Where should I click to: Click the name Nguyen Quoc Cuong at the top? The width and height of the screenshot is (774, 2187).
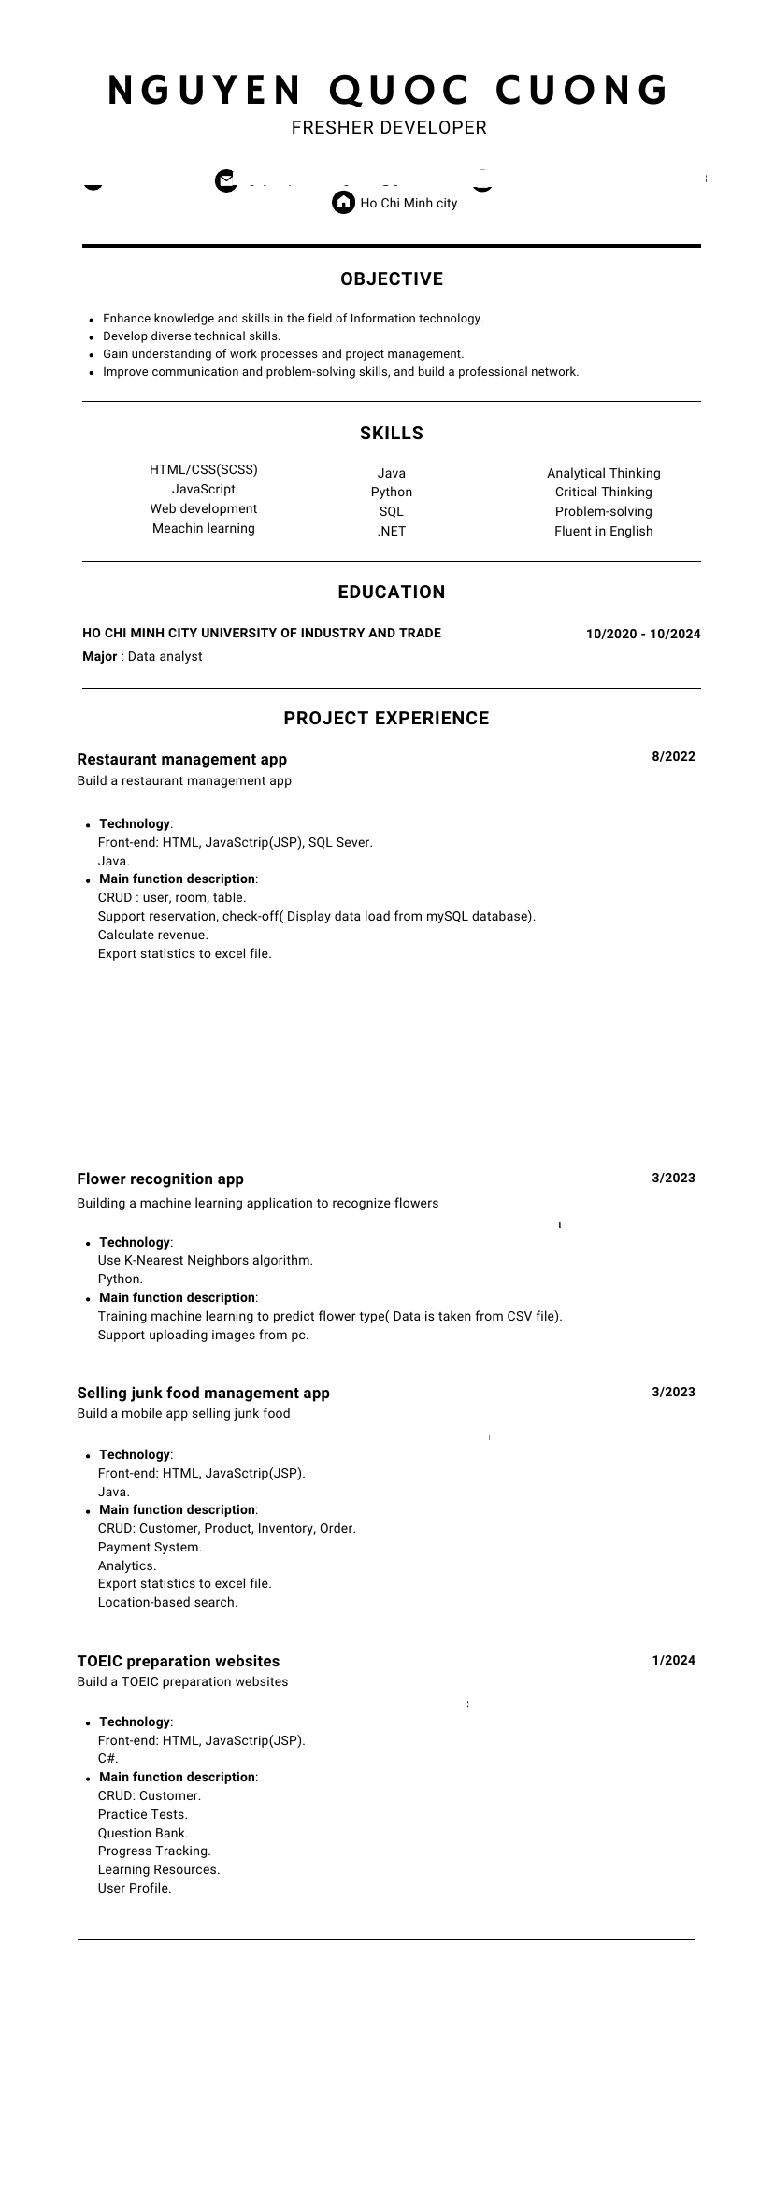point(388,91)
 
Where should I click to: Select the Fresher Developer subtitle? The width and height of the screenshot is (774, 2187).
point(389,127)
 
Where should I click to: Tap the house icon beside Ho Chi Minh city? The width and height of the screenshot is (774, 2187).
point(343,202)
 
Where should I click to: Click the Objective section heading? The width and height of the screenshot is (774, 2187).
point(392,279)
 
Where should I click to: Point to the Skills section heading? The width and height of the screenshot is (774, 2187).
point(392,433)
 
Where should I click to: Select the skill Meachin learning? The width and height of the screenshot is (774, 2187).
point(204,529)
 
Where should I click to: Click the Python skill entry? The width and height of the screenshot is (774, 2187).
point(392,493)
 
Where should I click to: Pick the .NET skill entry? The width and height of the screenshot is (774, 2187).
point(392,532)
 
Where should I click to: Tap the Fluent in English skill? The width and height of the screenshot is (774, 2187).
point(604,532)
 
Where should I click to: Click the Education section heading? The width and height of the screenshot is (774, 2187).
point(392,593)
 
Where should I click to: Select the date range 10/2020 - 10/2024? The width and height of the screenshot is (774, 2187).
point(643,635)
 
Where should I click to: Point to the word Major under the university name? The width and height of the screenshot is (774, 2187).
point(100,657)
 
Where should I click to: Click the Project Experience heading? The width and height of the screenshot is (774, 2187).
point(386,719)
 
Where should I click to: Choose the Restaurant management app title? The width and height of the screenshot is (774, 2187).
point(182,760)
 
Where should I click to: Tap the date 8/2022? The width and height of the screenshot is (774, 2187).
point(673,757)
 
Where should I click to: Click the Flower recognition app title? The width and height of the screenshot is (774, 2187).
point(160,1179)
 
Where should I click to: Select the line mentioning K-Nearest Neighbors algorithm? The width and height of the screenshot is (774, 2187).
point(206,1261)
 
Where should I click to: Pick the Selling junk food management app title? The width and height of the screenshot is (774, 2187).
point(203,1394)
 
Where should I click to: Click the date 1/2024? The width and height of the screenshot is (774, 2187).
point(673,1661)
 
